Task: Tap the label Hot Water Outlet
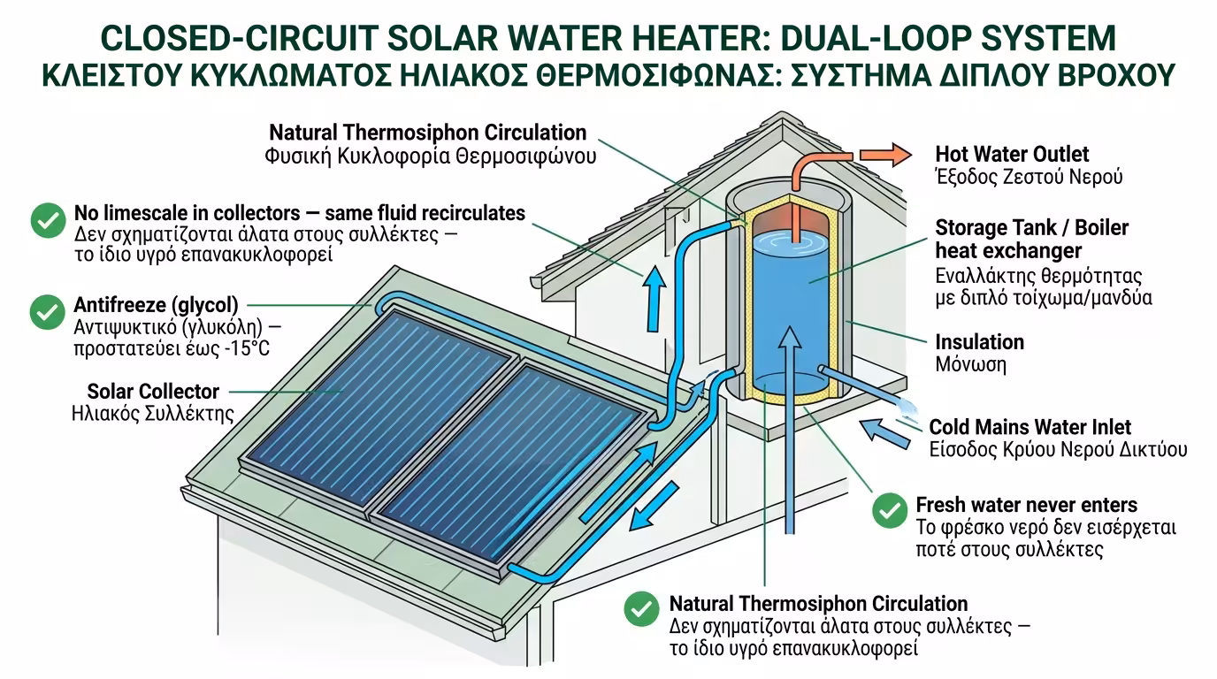[x=1012, y=155]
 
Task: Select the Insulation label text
[x=979, y=342]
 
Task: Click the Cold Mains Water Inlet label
[x=1029, y=428]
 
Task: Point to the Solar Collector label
[x=153, y=391]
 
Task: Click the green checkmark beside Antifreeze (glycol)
[x=47, y=312]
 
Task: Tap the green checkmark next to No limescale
[x=47, y=220]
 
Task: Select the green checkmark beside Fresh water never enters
[x=889, y=510]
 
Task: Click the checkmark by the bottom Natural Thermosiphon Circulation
[x=641, y=609]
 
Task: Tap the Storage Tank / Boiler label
[x=1031, y=228]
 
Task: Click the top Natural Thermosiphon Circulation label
[x=427, y=133]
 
